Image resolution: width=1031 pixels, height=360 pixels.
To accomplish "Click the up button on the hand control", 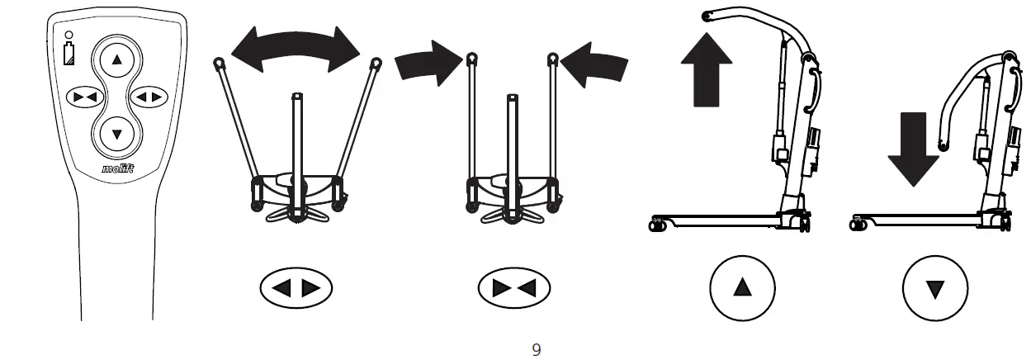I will (116, 59).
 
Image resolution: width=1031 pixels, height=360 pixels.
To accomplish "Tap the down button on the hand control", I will (116, 133).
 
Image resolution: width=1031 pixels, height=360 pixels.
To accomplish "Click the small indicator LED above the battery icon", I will (69, 35).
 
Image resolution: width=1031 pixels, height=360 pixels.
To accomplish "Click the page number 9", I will (537, 350).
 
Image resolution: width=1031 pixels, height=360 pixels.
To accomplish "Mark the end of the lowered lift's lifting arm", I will (944, 146).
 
